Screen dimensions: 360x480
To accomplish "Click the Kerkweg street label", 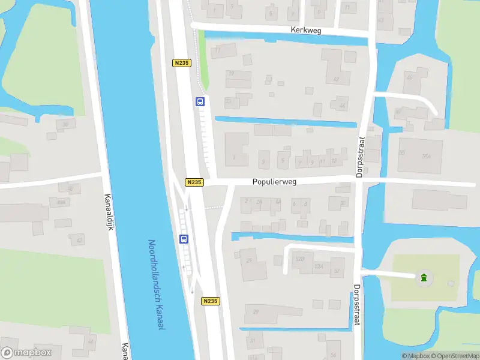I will pos(307,29).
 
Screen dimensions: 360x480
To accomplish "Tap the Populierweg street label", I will pos(274,181).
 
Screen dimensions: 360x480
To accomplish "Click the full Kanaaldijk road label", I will pos(109,208).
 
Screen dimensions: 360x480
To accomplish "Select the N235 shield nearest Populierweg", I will pos(194,182).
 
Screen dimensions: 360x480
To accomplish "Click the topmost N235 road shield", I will pos(182,63).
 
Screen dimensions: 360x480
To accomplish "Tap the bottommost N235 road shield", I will pos(210,301).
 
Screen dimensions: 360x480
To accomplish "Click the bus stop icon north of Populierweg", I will pos(200,101).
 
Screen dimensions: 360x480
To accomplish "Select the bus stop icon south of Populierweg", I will pos(184,238).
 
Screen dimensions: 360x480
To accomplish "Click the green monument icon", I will pos(424,277).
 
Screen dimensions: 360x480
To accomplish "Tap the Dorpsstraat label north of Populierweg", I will pos(361,147).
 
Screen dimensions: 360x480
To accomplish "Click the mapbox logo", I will pos(26,353).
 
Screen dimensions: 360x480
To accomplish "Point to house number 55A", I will pos(426,157).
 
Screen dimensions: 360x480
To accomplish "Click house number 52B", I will pos(300,259).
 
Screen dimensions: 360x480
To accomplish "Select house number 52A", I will pos(319,266).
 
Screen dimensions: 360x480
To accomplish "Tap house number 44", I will pos(342,106).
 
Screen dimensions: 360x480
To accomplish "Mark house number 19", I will pos(230,74).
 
